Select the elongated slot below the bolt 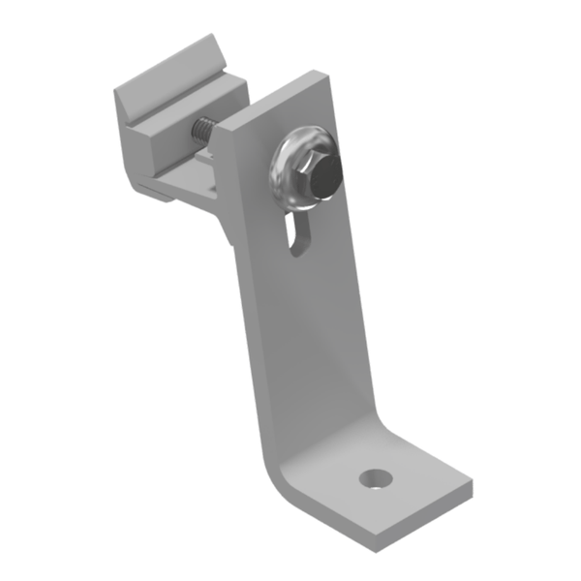click(297, 236)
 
